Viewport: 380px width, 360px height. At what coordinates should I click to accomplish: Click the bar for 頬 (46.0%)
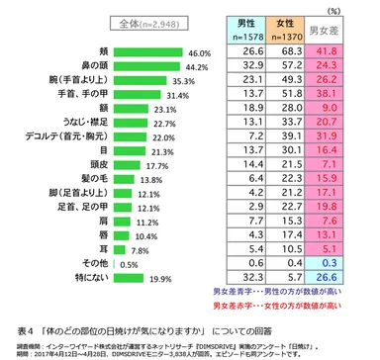[x=149, y=52]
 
